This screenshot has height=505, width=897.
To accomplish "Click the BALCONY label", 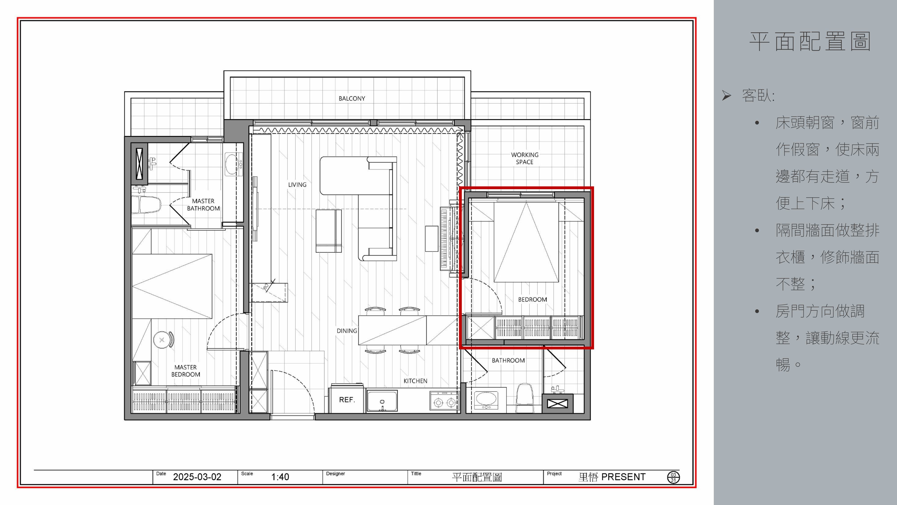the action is point(352,99).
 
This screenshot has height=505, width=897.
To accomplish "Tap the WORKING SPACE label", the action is point(525,158).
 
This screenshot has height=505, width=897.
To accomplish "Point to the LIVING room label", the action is point(297,185).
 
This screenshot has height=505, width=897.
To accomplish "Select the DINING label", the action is point(347,331).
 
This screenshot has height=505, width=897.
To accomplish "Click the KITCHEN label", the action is point(415,381).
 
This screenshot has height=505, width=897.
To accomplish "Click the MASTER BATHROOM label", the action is point(203,204).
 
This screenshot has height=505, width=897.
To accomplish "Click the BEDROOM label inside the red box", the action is point(532,299).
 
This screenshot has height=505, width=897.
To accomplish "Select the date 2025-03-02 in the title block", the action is point(197,477).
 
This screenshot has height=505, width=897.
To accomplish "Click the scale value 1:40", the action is point(280,477).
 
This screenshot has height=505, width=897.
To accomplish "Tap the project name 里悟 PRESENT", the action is point(612,477).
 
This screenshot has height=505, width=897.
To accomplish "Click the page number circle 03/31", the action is point(673,477).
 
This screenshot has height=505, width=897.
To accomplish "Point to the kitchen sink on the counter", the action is point(382,401).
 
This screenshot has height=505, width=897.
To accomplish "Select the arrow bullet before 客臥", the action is point(726,95).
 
